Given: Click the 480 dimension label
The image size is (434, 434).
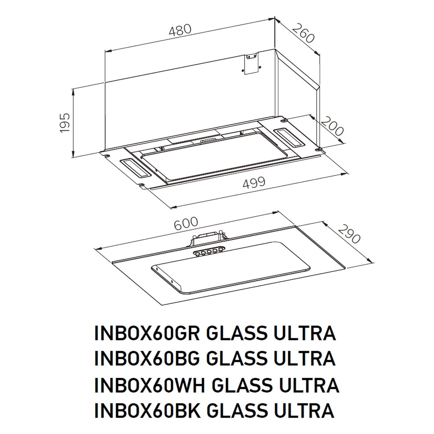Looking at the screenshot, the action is (180, 30).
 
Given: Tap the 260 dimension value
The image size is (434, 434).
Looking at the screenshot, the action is (303, 33).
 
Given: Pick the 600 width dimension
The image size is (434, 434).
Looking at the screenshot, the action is (186, 224).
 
